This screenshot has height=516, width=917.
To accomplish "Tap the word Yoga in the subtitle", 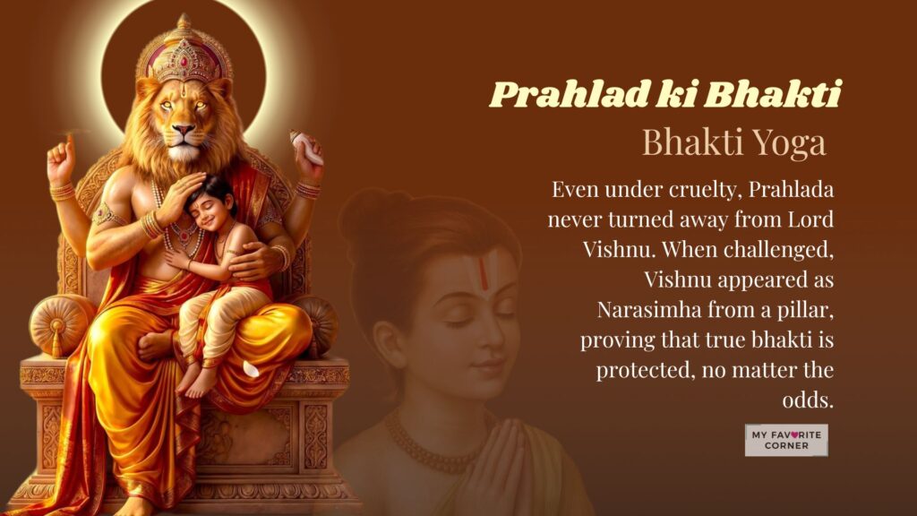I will point(787,142).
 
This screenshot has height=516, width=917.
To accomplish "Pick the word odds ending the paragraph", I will point(806,400).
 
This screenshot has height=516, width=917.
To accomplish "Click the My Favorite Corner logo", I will point(786,440).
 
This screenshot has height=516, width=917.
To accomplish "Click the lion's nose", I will point(183,132).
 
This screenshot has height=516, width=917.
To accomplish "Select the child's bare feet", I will point(198,376).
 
